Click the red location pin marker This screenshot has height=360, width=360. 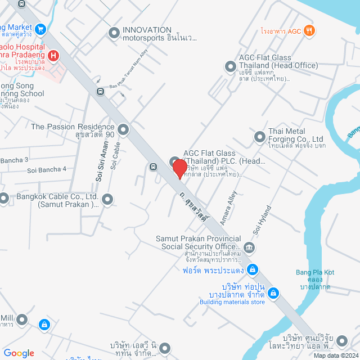(x=179, y=168)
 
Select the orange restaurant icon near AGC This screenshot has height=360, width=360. (x=308, y=31)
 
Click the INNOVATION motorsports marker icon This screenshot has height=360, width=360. (x=114, y=34)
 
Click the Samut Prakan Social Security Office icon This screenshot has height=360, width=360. (x=249, y=246)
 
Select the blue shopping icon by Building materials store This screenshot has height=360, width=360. (x=273, y=292)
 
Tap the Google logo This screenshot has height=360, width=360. (x=19, y=353)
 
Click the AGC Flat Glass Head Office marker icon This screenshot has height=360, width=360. (x=230, y=67)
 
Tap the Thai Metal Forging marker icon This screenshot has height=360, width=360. (x=259, y=136)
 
